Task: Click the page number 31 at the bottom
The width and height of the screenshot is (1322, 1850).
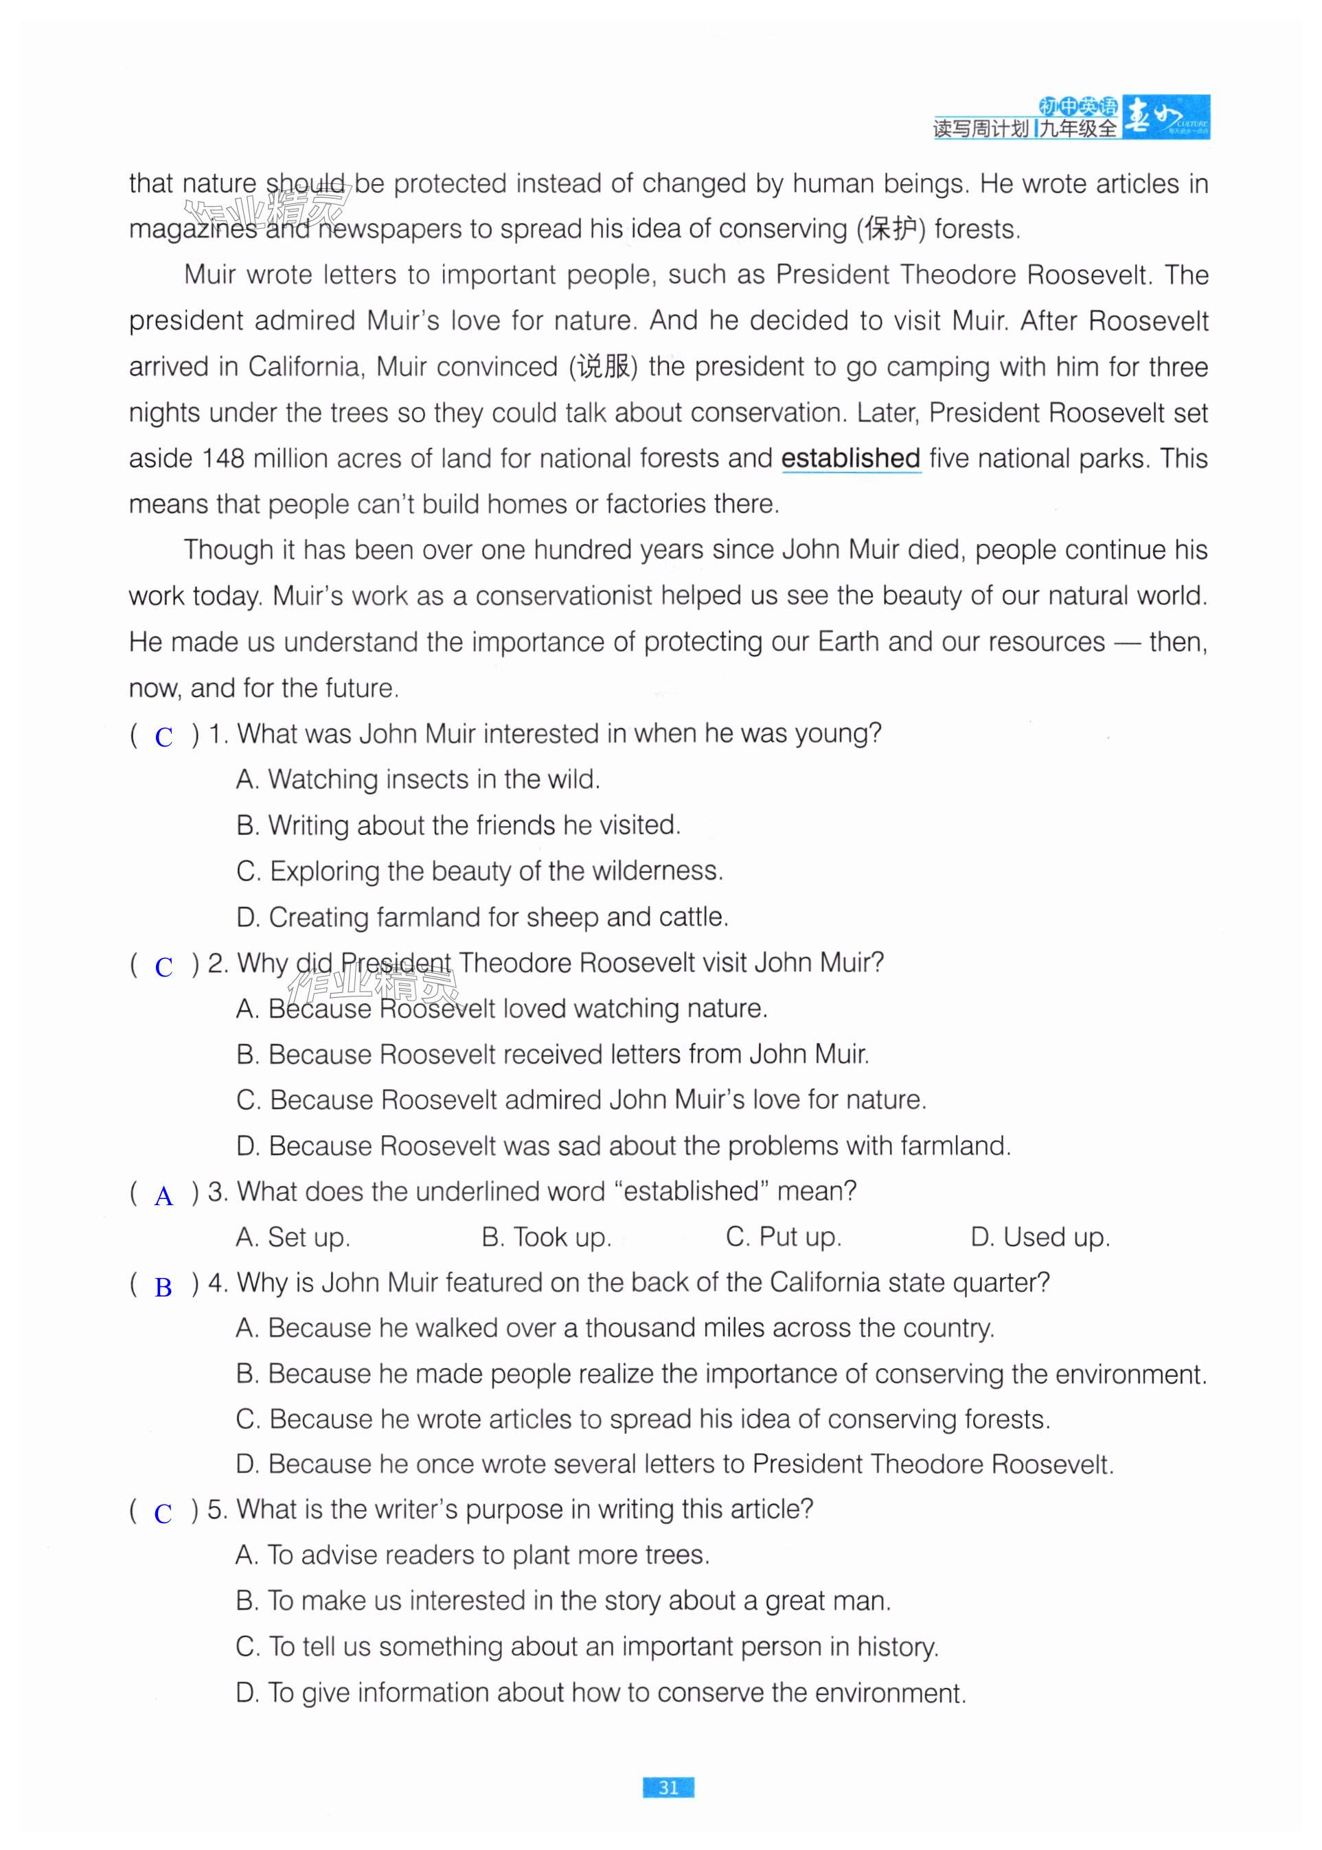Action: point(668,1788)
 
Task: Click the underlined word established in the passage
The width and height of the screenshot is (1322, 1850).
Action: point(850,458)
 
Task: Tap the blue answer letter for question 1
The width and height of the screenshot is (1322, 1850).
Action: point(163,737)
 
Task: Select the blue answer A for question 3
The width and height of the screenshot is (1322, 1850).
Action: point(163,1196)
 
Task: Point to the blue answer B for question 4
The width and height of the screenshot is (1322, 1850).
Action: point(163,1287)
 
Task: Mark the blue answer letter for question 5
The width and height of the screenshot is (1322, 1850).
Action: point(163,1513)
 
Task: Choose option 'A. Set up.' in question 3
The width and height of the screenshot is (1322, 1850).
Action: point(293,1237)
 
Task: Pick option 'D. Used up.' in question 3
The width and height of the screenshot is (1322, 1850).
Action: point(1040,1237)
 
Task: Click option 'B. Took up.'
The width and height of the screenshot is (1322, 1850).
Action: point(545,1237)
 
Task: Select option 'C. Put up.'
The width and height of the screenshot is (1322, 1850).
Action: point(783,1237)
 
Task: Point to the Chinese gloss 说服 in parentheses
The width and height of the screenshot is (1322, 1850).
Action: point(602,366)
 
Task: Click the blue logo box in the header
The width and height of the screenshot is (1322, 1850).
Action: point(1165,116)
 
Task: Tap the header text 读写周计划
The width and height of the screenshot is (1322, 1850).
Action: point(981,128)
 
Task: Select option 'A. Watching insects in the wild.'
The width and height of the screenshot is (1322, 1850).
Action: point(418,779)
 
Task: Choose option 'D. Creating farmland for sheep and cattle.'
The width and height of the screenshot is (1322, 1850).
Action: point(482,917)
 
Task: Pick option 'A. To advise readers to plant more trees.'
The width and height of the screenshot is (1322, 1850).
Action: point(472,1555)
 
